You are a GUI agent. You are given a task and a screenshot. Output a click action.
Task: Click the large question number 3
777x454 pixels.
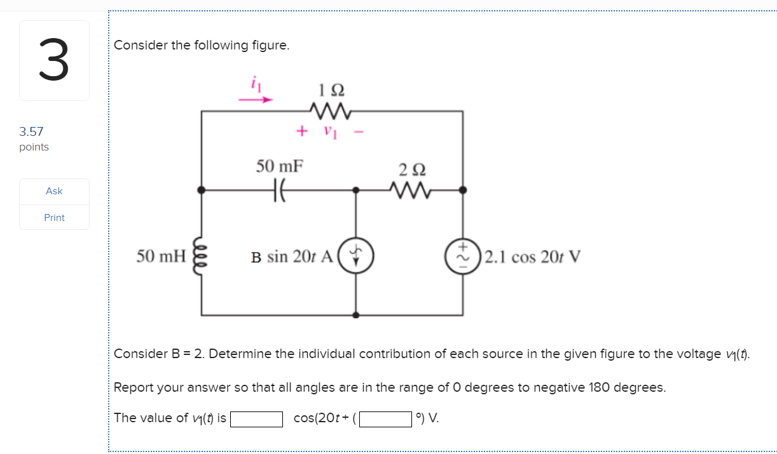(53, 60)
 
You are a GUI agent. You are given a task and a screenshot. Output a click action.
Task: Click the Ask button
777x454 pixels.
(54, 191)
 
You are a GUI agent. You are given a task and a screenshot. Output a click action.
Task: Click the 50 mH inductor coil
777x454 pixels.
(202, 257)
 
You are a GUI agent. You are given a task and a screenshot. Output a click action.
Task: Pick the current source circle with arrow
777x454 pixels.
(355, 256)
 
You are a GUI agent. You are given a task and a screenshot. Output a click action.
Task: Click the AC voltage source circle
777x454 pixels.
(463, 256)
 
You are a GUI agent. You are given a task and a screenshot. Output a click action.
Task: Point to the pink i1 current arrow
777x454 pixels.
(256, 99)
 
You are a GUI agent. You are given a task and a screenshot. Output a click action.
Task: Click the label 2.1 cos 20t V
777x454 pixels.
(532, 257)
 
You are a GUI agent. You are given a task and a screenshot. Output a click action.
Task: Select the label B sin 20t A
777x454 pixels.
(292, 257)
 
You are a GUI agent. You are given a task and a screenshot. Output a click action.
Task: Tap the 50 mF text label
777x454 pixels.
(280, 166)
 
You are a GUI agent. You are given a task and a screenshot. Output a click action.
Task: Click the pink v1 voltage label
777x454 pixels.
(329, 131)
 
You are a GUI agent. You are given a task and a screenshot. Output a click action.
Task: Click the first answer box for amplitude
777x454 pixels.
(256, 419)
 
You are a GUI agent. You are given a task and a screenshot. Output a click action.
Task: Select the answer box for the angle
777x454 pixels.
(385, 419)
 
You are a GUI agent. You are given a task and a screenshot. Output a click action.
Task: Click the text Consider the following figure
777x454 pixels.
(202, 46)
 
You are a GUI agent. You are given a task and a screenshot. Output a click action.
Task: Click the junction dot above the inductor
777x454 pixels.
(202, 189)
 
